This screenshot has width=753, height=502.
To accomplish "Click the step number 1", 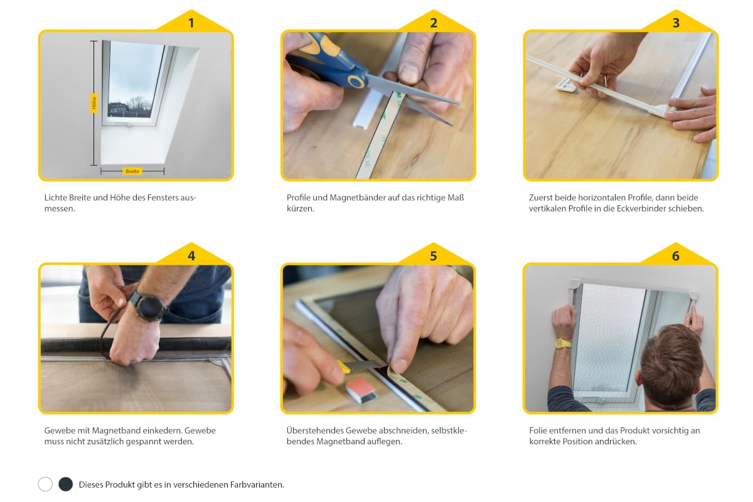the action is [x=191, y=23].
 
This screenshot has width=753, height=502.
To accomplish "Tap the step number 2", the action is [x=434, y=23].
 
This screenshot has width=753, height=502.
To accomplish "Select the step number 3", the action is [x=676, y=23].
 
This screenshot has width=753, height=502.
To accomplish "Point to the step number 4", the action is [x=191, y=256].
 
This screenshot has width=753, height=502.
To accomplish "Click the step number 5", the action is [x=434, y=256].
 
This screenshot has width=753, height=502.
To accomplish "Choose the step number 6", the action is [x=676, y=256].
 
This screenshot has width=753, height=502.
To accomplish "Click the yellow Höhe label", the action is [x=94, y=103].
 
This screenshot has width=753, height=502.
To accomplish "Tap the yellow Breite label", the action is [x=132, y=171].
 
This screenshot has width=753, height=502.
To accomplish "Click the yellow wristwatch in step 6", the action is [x=562, y=344].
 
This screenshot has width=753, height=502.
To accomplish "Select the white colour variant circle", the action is [x=45, y=484].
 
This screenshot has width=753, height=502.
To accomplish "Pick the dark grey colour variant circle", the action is [x=65, y=484].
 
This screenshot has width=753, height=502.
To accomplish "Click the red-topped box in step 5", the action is [x=361, y=390].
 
